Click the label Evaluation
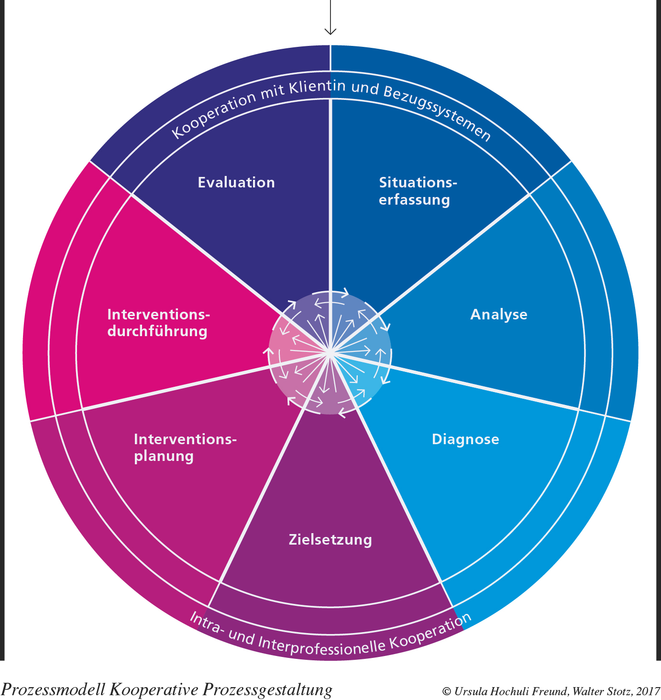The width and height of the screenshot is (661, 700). (236, 183)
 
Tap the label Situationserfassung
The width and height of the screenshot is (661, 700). (418, 191)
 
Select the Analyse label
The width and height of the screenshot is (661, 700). (499, 315)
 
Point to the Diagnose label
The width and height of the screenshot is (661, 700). (465, 439)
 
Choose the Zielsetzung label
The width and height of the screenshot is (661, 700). (330, 540)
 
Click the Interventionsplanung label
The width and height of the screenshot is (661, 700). (185, 448)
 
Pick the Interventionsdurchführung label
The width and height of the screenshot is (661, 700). (158, 323)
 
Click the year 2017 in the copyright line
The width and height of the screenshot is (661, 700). (649, 691)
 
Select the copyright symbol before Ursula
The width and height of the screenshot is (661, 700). (447, 692)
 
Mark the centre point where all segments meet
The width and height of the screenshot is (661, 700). (330, 353)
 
